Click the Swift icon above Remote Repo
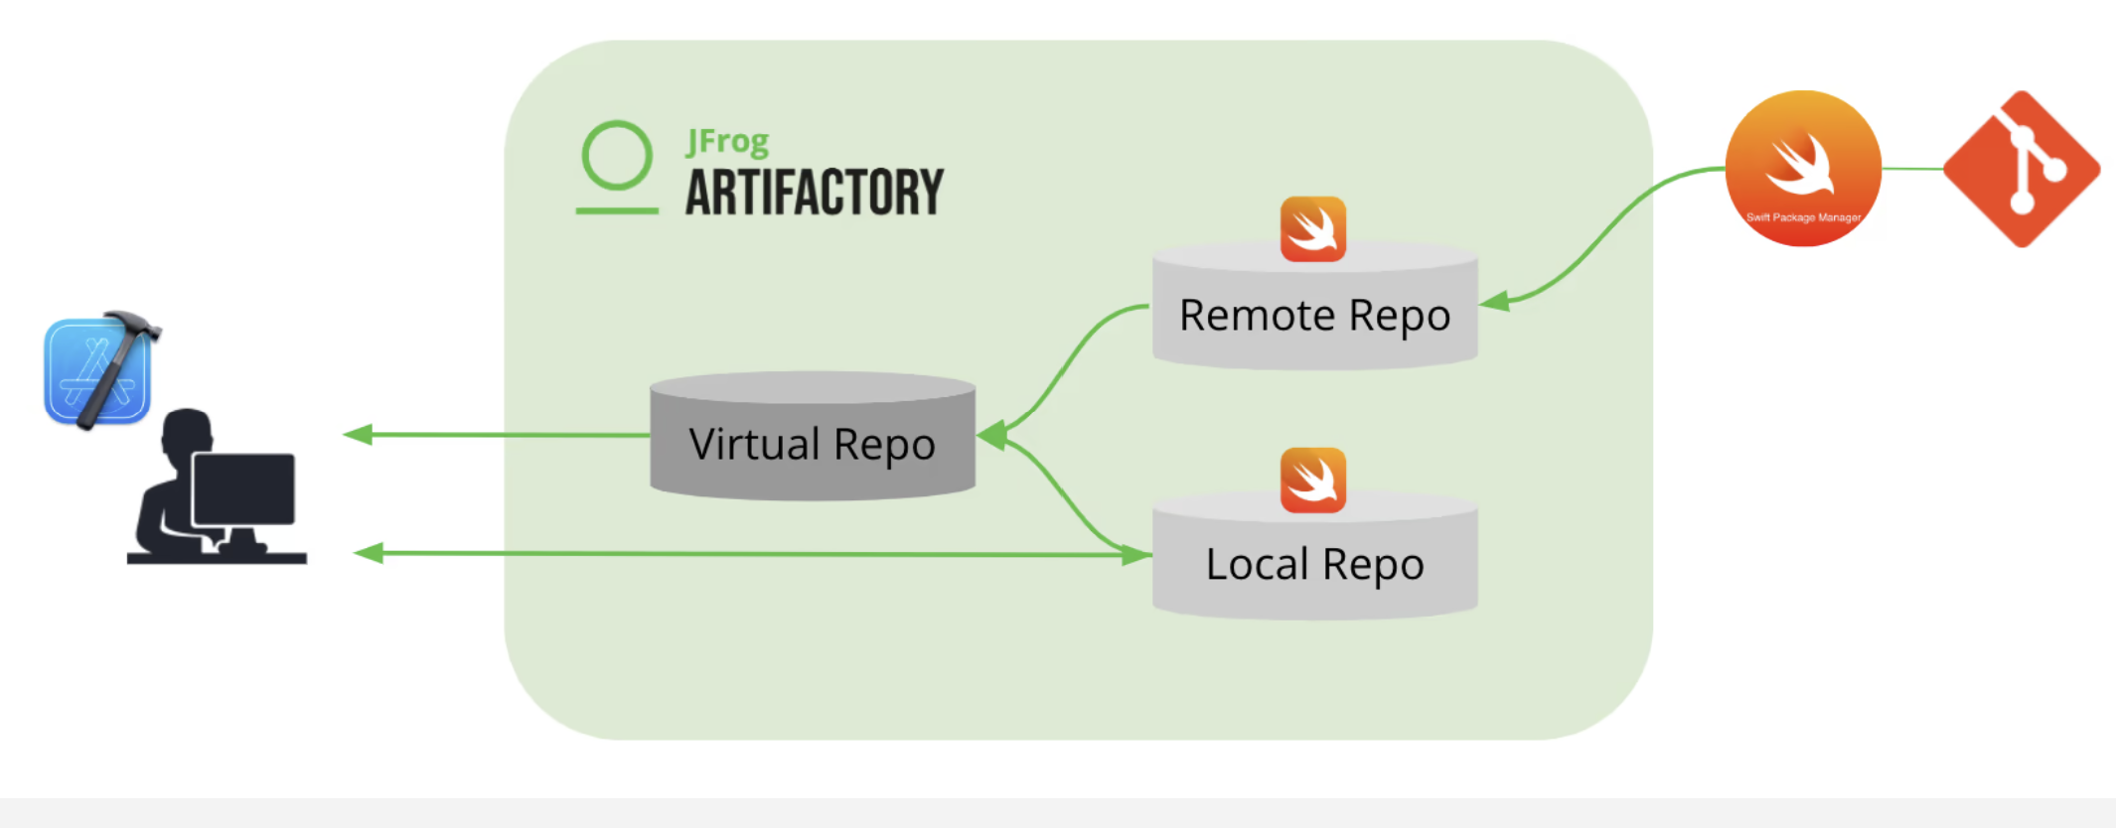pos(1312,229)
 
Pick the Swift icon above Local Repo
pos(1312,481)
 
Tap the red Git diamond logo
pos(2022,169)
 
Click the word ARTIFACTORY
pos(814,193)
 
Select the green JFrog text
pos(727,142)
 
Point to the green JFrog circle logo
pos(617,156)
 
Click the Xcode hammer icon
pos(100,369)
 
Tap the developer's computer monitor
pos(243,488)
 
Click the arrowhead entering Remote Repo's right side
pos(1493,301)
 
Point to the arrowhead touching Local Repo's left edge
pos(1136,555)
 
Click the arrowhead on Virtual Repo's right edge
pos(991,435)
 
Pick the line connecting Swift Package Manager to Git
pos(1912,169)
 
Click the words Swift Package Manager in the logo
pos(1803,217)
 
